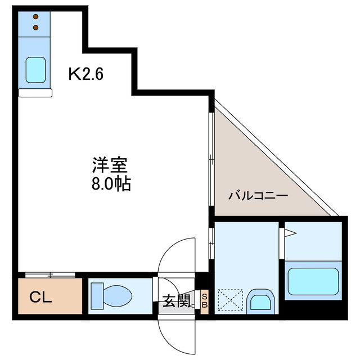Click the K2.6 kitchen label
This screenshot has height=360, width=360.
[x=85, y=73]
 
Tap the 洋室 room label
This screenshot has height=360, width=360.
[x=110, y=165]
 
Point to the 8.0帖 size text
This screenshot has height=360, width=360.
[x=110, y=183]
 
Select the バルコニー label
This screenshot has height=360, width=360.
[x=258, y=196]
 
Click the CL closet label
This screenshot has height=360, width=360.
[x=40, y=296]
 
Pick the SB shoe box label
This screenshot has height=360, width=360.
[x=205, y=300]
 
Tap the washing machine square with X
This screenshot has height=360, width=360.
[x=230, y=299]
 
